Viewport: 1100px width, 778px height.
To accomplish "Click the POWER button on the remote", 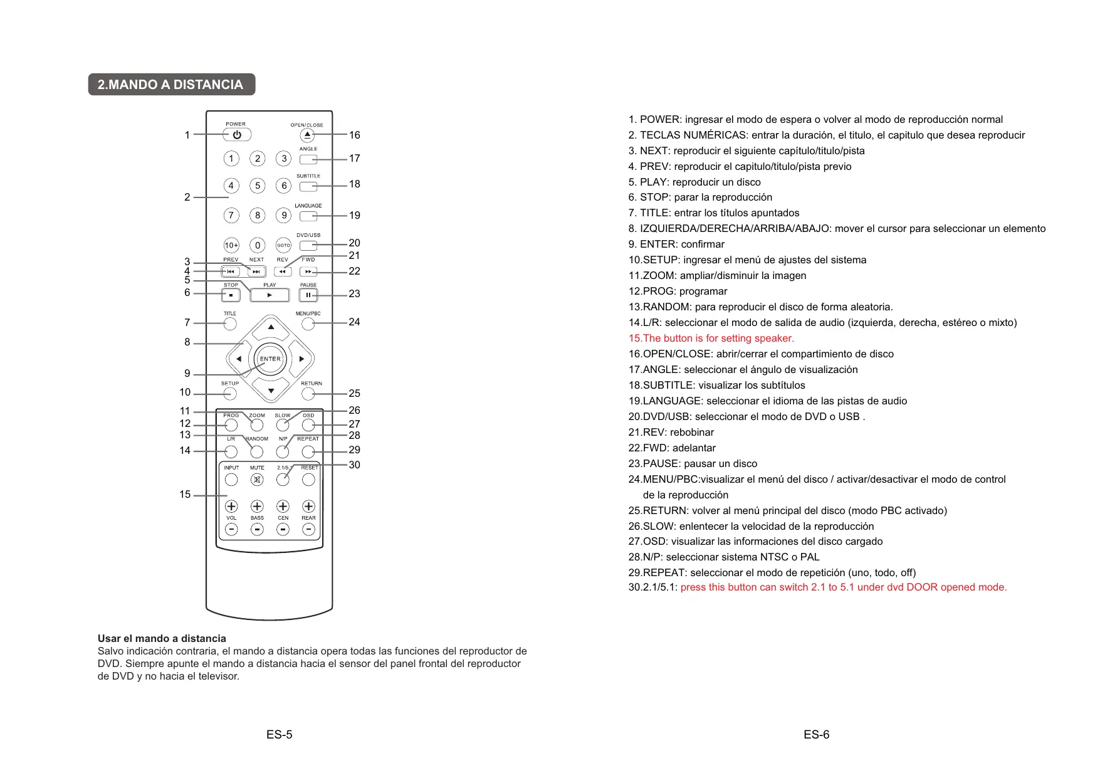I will [237, 135].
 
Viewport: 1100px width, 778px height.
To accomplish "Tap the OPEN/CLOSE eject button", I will [307, 135].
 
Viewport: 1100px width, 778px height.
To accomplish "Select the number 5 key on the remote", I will [257, 186].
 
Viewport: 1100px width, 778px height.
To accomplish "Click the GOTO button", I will [283, 245].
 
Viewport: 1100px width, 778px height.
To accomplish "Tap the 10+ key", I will [231, 245].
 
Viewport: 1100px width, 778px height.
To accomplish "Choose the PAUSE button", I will [308, 295].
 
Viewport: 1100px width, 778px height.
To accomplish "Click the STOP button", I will [231, 295].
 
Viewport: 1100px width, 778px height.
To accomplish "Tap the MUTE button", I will [257, 480].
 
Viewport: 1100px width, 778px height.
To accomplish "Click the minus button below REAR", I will [308, 529].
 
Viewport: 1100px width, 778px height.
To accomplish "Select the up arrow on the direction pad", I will [271, 327].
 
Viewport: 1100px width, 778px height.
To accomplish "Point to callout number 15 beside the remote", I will [185, 495].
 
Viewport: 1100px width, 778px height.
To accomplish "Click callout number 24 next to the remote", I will [354, 322].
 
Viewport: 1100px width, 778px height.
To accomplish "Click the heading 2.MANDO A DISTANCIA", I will [171, 85].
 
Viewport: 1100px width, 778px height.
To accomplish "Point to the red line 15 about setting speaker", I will [711, 339].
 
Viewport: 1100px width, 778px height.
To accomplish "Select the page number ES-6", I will [816, 735].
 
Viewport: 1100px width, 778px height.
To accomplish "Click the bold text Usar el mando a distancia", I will [162, 639].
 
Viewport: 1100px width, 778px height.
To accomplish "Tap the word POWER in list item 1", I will [660, 120].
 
